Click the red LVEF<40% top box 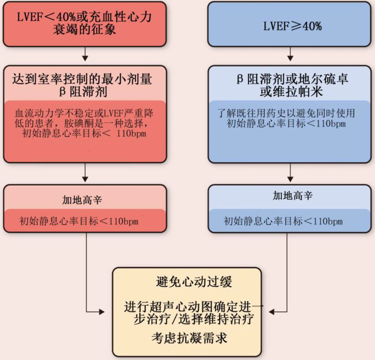[85, 24]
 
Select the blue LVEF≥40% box [289, 24]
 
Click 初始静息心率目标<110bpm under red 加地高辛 [79, 221]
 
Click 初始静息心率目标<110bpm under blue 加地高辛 [283, 221]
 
